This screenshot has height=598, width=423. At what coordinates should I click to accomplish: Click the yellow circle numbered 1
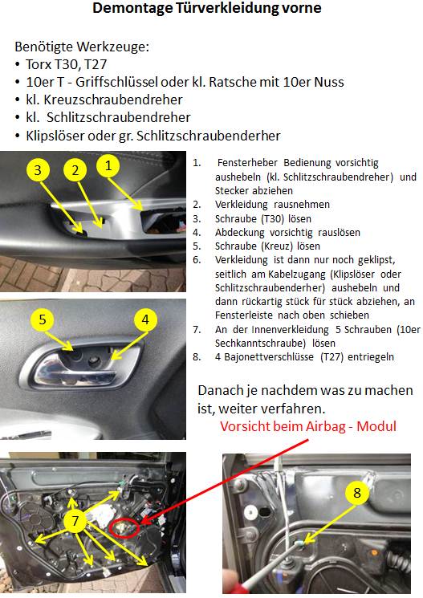(x=108, y=166)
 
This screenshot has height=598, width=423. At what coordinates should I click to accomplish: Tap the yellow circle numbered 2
(x=75, y=170)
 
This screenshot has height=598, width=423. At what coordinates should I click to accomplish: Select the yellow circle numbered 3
(x=38, y=170)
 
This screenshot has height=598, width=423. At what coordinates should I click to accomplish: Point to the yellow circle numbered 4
(x=145, y=319)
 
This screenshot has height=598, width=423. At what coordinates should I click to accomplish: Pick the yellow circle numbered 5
(x=43, y=319)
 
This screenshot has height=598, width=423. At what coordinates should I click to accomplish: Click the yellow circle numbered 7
(x=75, y=521)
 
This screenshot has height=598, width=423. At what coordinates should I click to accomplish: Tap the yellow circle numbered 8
(x=357, y=493)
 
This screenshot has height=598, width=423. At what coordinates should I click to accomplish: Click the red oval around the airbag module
(x=124, y=528)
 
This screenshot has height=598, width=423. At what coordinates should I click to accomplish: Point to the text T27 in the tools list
(x=96, y=64)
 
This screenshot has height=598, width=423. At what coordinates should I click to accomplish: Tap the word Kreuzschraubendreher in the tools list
(x=113, y=100)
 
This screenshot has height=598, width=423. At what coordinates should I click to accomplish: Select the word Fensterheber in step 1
(x=247, y=162)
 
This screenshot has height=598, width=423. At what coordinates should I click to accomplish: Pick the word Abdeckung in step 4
(x=239, y=232)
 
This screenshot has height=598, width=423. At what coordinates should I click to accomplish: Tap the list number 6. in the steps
(x=197, y=260)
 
